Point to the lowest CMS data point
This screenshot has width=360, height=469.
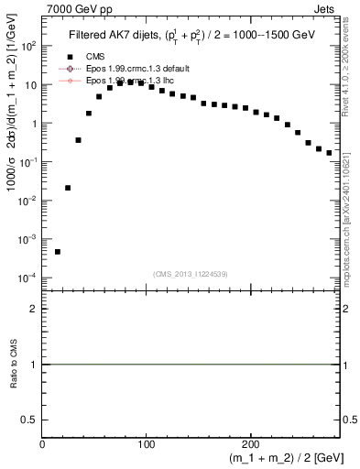(x=57, y=252)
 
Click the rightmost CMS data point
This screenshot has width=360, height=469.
(x=329, y=153)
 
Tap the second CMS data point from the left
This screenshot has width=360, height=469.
(x=68, y=188)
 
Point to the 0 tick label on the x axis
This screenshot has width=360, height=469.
(x=43, y=444)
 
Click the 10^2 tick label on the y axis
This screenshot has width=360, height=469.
(x=29, y=47)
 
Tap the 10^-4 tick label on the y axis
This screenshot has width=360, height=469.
(x=27, y=278)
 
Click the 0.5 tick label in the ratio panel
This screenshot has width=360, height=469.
(x=30, y=419)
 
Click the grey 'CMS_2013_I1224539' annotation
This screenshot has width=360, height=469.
(x=191, y=274)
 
